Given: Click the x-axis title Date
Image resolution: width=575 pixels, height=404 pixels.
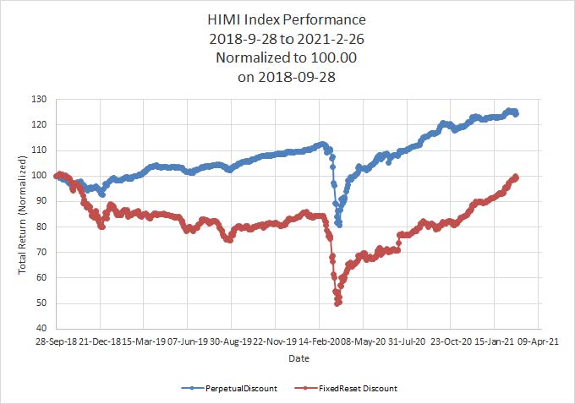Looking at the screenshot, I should (298, 358).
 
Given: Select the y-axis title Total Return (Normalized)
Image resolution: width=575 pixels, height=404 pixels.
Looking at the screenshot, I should (25, 215).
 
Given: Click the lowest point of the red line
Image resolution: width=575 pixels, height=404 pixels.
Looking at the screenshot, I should (337, 303).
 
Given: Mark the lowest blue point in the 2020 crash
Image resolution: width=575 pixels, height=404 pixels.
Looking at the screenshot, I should (339, 225).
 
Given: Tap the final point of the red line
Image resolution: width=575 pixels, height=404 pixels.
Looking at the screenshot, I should (516, 177).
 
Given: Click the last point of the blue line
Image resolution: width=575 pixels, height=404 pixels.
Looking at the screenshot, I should (516, 113).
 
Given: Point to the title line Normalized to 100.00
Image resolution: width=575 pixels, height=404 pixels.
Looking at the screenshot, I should (287, 58).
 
